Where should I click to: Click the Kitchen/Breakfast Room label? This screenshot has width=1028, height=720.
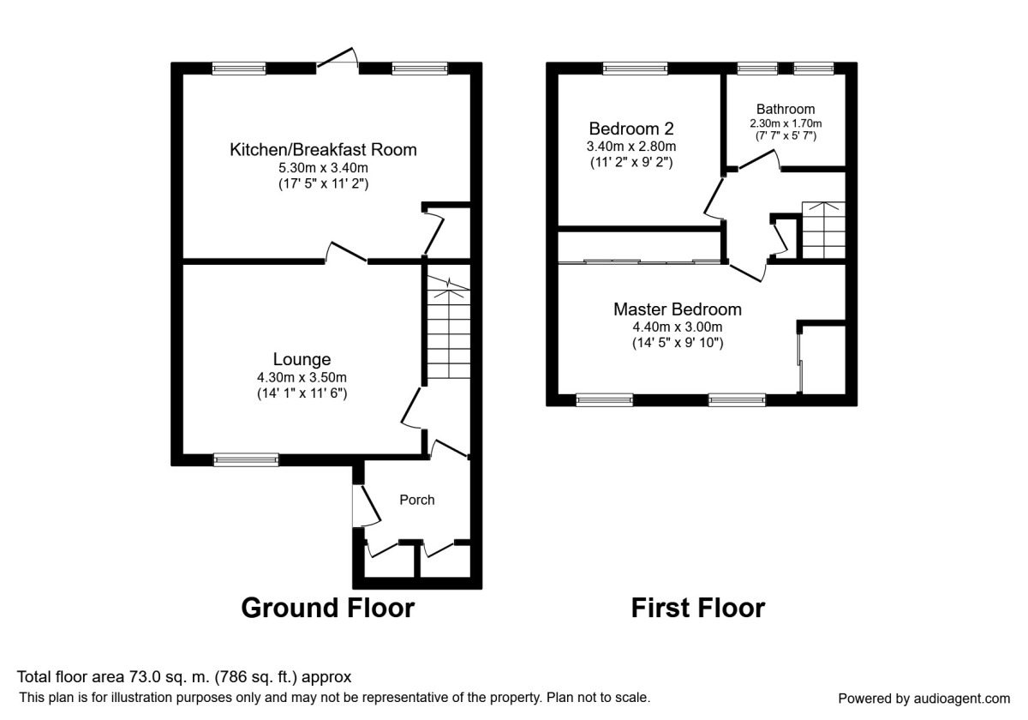[323, 150]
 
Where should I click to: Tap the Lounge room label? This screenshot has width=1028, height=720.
[302, 359]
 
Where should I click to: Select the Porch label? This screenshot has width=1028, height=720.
[417, 500]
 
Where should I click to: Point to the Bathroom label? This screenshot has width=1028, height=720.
[786, 109]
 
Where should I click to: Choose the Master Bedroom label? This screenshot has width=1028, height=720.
[678, 309]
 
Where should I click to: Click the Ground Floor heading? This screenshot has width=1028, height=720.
[327, 608]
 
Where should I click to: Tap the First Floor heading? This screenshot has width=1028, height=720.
[697, 608]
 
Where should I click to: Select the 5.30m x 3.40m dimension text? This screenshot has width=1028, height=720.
[323, 168]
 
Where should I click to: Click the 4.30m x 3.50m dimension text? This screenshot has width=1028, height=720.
[302, 377]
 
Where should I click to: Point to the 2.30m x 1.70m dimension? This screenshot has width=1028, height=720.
[786, 123]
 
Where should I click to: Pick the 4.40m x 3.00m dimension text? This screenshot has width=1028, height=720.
[678, 327]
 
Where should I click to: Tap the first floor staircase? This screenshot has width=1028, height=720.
[822, 229]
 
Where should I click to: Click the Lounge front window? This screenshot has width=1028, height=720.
[246, 460]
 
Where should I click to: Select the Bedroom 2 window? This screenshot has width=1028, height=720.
[635, 69]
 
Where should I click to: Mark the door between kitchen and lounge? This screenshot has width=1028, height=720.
[347, 253]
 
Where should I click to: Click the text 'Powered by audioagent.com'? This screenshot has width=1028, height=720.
[923, 698]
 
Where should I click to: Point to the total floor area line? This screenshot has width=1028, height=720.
[184, 676]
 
